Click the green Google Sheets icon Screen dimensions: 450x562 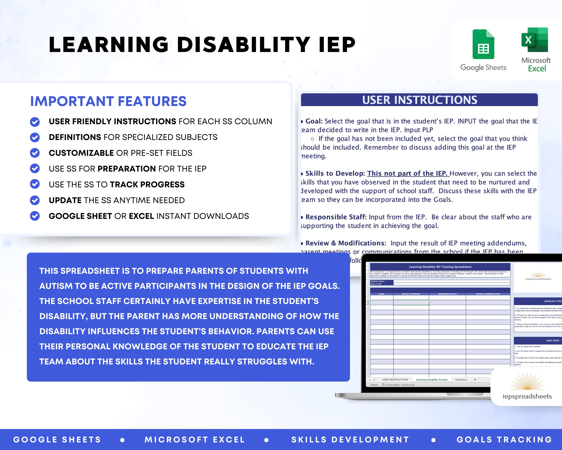click(483, 44)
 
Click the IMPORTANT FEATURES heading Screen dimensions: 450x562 click(108, 101)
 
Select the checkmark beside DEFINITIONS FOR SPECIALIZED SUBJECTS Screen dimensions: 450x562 click(35, 137)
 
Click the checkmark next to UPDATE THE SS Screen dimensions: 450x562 click(35, 200)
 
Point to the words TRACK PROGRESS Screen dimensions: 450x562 click(147, 185)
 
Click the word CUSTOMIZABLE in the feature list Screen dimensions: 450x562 click(81, 153)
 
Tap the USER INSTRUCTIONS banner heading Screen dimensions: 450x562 click(419, 100)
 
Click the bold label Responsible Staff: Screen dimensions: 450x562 click(336, 217)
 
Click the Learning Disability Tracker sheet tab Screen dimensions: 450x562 click(432, 380)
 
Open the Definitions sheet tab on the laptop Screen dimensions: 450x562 click(461, 380)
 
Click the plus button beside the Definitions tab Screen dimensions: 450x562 click(475, 380)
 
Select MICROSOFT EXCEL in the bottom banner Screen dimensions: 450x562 click(195, 440)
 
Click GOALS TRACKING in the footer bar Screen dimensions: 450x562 click(504, 440)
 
